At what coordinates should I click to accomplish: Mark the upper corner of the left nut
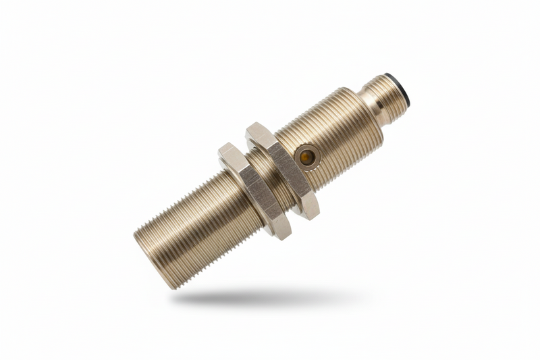click(x=225, y=147)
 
